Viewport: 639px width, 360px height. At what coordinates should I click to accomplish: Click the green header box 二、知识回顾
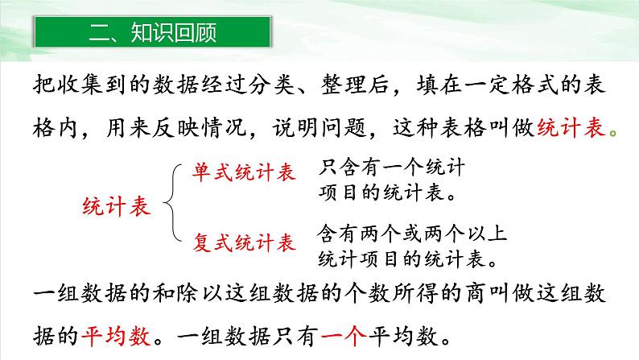click(153, 35)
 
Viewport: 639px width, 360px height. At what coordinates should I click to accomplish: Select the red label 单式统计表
click(243, 172)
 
